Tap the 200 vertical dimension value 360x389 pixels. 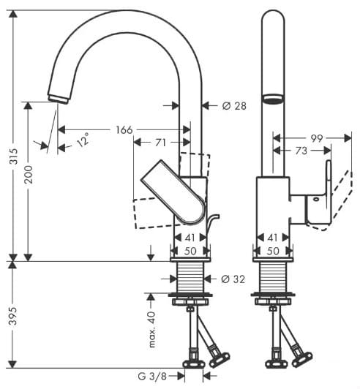[x=30, y=181]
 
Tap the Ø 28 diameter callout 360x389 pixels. [x=234, y=106]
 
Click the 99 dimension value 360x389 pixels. [x=316, y=137]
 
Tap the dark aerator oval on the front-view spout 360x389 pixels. [x=271, y=100]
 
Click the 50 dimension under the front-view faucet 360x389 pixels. [x=271, y=251]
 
